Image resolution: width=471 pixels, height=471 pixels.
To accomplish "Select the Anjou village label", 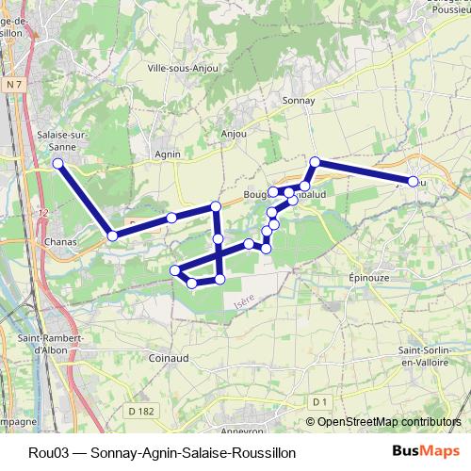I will pyautogui.click(x=233, y=134).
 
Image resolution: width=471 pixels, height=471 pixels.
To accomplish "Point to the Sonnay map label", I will pyautogui.click(x=298, y=100).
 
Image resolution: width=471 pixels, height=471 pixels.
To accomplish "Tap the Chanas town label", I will pyautogui.click(x=59, y=241).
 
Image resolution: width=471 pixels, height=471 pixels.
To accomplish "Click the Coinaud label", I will pyautogui.click(x=169, y=358).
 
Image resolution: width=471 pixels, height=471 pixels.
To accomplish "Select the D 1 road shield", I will pyautogui.click(x=319, y=403).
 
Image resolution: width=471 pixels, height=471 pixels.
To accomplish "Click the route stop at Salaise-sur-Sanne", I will pyautogui.click(x=58, y=164).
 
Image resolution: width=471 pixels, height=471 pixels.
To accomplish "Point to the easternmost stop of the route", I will pyautogui.click(x=414, y=180).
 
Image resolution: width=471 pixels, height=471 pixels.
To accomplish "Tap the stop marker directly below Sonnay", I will pyautogui.click(x=316, y=162).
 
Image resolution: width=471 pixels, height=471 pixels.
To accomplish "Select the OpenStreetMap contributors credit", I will pyautogui.click(x=389, y=423).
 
